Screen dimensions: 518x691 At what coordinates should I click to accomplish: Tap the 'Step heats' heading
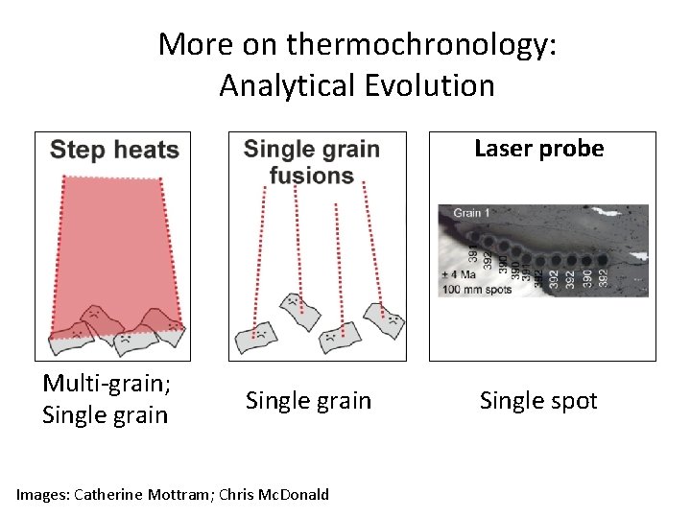114,150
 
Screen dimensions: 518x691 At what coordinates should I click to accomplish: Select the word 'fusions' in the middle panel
312,176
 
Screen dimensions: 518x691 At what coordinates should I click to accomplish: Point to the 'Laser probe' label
538,149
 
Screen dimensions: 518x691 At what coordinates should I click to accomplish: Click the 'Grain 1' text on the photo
471,213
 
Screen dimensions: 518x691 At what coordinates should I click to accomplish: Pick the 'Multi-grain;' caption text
107,384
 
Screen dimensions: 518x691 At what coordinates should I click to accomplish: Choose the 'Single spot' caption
538,400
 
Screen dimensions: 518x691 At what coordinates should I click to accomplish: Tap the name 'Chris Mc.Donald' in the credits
274,495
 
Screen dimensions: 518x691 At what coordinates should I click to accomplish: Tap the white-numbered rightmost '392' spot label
603,277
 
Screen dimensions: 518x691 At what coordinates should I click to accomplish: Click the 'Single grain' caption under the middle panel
308,400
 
